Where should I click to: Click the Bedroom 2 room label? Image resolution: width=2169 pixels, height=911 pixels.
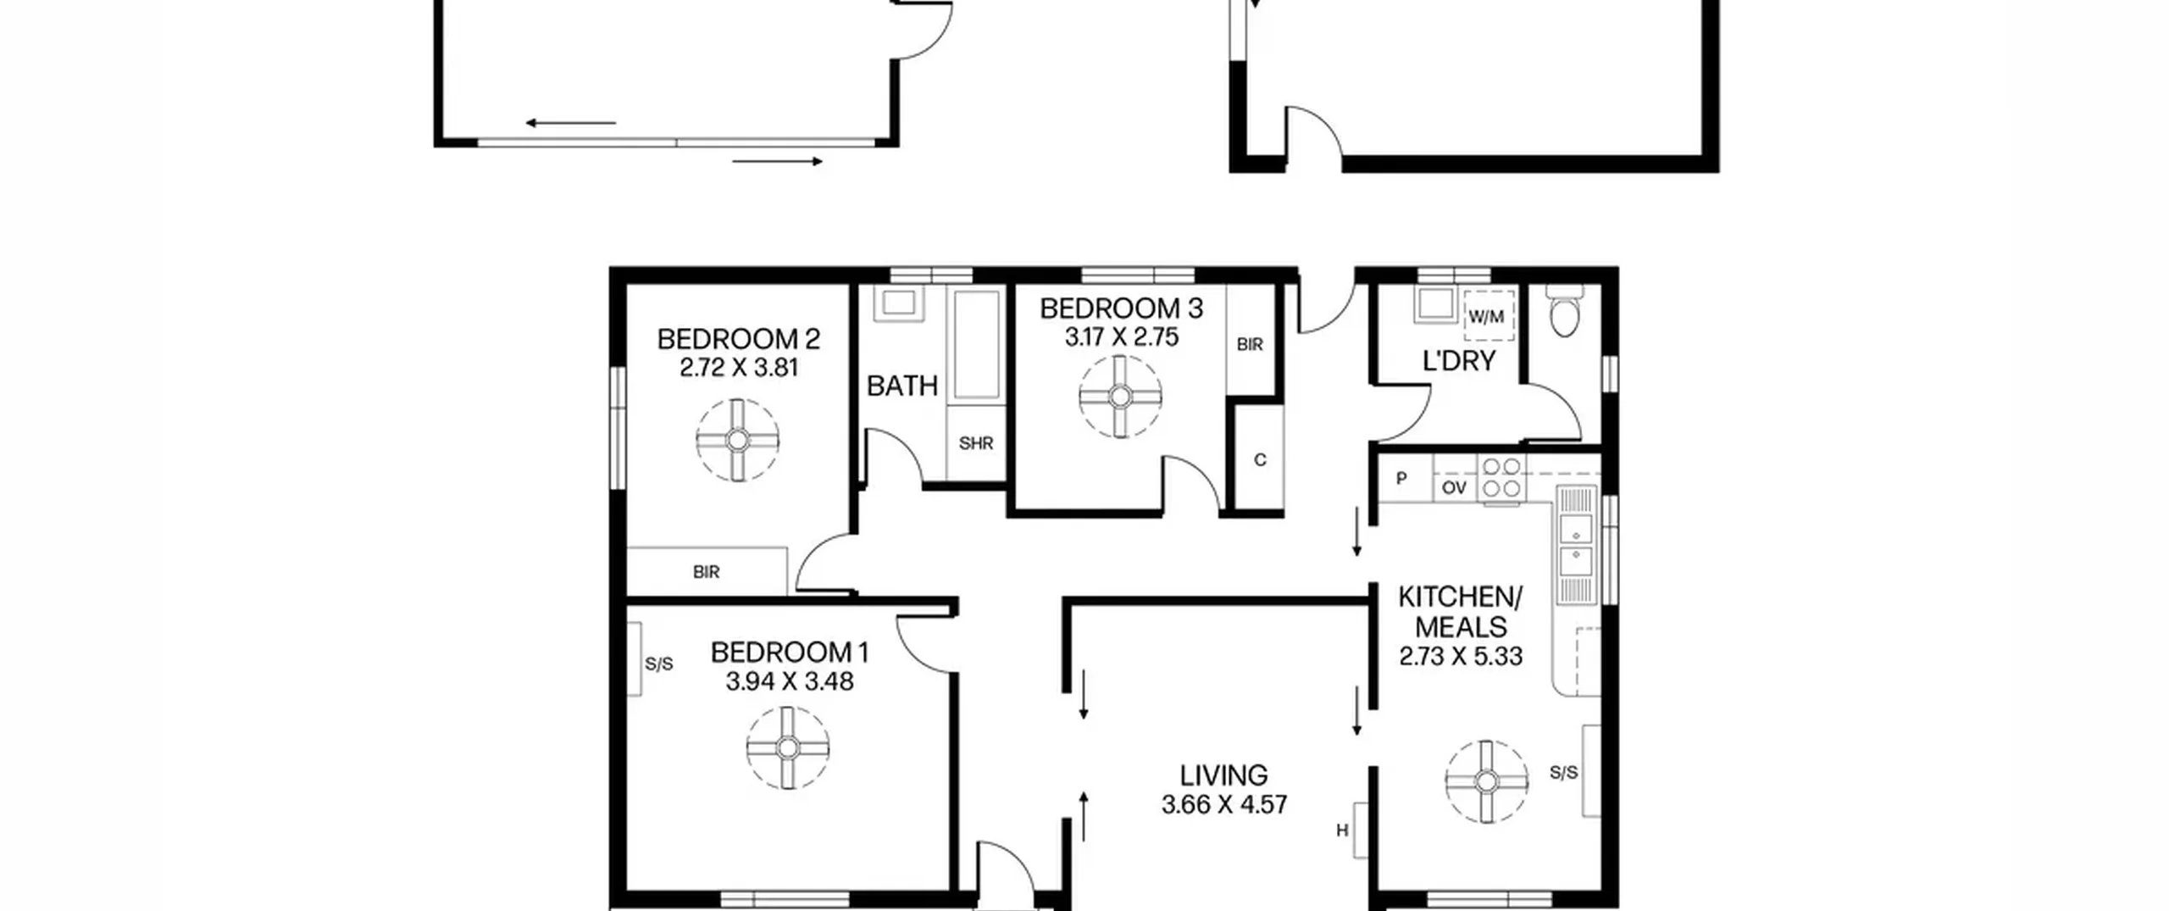pyautogui.click(x=738, y=339)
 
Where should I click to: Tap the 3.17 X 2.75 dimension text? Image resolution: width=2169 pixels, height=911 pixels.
pyautogui.click(x=1121, y=337)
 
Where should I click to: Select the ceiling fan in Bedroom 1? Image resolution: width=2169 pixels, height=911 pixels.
pyautogui.click(x=788, y=748)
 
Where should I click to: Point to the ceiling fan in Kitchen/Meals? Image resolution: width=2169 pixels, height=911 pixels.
pyautogui.click(x=1486, y=781)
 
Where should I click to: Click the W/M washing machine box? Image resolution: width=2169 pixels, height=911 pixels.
pyautogui.click(x=1488, y=316)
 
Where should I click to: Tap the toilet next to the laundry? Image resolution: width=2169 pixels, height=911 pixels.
pyautogui.click(x=1563, y=310)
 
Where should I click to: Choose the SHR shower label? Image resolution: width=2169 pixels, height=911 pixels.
pyautogui.click(x=976, y=443)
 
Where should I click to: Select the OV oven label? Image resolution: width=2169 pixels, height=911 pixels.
pyautogui.click(x=1454, y=487)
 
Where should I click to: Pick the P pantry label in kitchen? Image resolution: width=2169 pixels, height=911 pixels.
pyautogui.click(x=1401, y=479)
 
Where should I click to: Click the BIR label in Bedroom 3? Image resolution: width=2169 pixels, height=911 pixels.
pyautogui.click(x=1250, y=345)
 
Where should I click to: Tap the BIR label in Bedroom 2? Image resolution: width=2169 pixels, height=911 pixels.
pyautogui.click(x=706, y=572)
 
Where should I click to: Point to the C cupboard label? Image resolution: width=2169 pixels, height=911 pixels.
pyautogui.click(x=1260, y=460)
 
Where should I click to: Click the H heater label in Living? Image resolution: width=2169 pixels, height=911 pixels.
pyautogui.click(x=1342, y=830)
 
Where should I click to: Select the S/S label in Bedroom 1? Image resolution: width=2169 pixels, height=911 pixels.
pyautogui.click(x=659, y=664)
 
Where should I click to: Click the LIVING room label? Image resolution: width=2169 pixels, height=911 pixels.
pyautogui.click(x=1223, y=775)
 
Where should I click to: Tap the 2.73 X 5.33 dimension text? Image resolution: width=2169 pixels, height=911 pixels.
pyautogui.click(x=1461, y=657)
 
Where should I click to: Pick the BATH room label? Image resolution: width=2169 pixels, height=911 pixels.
pyautogui.click(x=902, y=386)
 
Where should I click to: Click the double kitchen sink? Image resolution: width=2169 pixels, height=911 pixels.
pyautogui.click(x=1576, y=545)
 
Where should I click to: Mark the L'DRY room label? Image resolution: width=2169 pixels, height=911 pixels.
pyautogui.click(x=1459, y=361)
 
